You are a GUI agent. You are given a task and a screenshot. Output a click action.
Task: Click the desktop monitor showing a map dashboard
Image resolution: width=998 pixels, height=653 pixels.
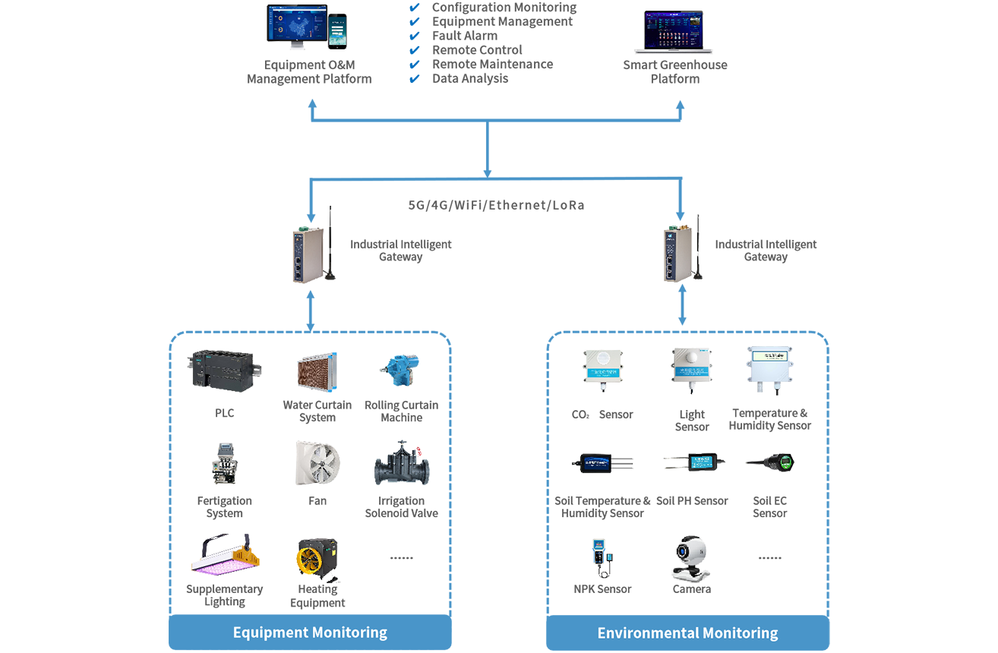click(x=297, y=27)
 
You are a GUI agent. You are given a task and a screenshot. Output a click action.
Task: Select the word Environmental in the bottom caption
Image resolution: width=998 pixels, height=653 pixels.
click(x=642, y=632)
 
